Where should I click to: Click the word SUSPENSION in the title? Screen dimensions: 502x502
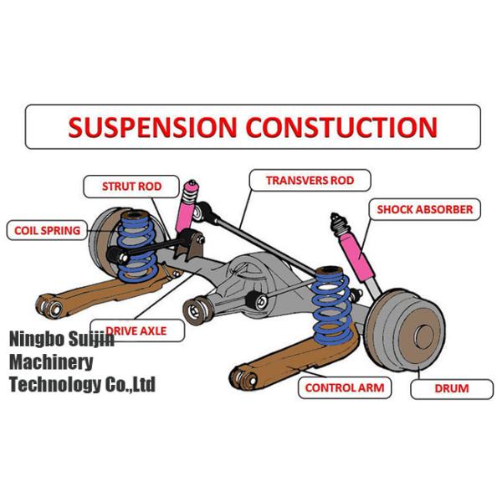point(152,128)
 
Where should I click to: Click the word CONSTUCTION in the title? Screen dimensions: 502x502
point(341,128)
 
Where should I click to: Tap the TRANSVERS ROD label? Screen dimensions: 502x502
point(309,180)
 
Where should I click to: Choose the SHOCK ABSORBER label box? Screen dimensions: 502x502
point(424,209)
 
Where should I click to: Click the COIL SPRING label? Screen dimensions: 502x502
point(47,230)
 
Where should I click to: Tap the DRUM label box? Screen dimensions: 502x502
point(451,388)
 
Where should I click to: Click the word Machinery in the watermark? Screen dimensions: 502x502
point(51,362)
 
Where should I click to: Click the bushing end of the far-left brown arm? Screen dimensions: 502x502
point(52,309)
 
